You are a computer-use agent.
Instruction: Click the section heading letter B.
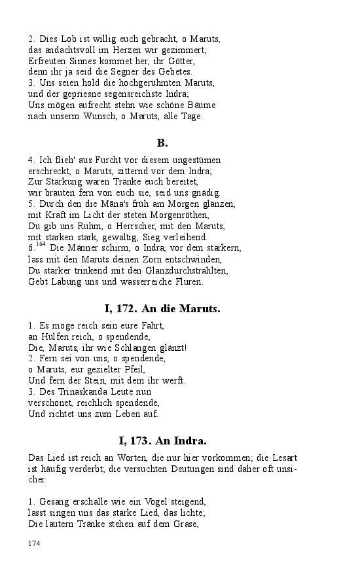tap(162, 143)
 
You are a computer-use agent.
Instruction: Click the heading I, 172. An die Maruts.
tap(162, 308)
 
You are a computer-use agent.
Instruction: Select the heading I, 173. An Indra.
tap(162, 441)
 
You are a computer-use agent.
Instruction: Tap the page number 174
tap(35, 543)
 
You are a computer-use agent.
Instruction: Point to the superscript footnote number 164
tap(41, 245)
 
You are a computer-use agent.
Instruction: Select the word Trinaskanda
tap(76, 391)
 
